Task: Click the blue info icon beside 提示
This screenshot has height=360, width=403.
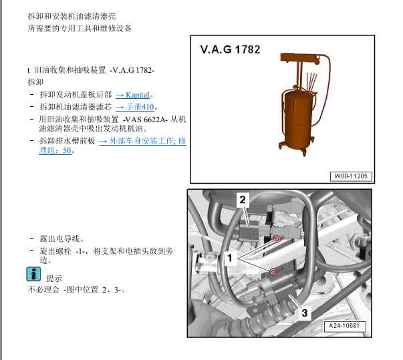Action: pos(33,274)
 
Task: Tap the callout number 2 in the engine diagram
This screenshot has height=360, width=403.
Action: pos(243,200)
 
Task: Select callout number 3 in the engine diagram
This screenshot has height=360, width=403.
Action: pos(304,313)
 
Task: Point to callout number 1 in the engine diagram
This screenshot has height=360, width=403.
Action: pos(229,258)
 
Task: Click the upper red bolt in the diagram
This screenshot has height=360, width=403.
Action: pos(277,239)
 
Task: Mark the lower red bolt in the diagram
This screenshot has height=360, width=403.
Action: pos(273,272)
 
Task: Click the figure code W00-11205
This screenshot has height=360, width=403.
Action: pos(351,176)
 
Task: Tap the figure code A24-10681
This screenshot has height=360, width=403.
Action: pos(344,326)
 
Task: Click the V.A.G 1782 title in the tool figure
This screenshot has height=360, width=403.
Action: pos(230,49)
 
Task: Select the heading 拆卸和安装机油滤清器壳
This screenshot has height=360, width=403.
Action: pos(72,16)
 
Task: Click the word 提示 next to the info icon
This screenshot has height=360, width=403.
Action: pos(54,279)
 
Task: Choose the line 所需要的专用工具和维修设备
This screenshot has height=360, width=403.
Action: pos(80,28)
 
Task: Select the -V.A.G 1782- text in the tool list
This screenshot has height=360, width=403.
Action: pos(132,70)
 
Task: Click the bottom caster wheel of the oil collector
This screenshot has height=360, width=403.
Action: pos(304,153)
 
